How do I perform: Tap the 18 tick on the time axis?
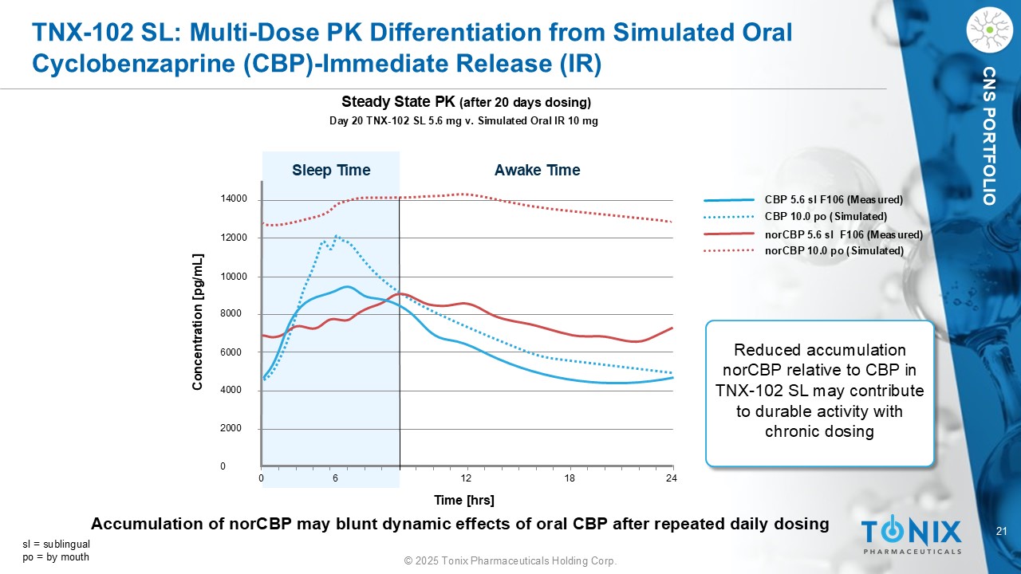(570, 478)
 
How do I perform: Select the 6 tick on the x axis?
(336, 478)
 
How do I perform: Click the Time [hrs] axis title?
(464, 500)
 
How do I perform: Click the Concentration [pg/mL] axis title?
(197, 322)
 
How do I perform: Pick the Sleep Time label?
(331, 170)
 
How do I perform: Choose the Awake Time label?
(537, 170)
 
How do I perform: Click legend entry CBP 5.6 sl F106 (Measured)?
(834, 199)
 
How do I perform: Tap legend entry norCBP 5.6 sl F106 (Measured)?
(843, 234)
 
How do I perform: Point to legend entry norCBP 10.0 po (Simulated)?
(834, 251)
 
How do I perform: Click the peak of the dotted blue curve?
(337, 235)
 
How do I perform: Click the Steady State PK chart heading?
(466, 102)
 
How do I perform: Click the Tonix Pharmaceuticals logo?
(911, 535)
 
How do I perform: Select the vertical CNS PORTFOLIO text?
(989, 136)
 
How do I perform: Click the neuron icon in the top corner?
(988, 30)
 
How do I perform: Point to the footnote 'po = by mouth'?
(56, 556)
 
